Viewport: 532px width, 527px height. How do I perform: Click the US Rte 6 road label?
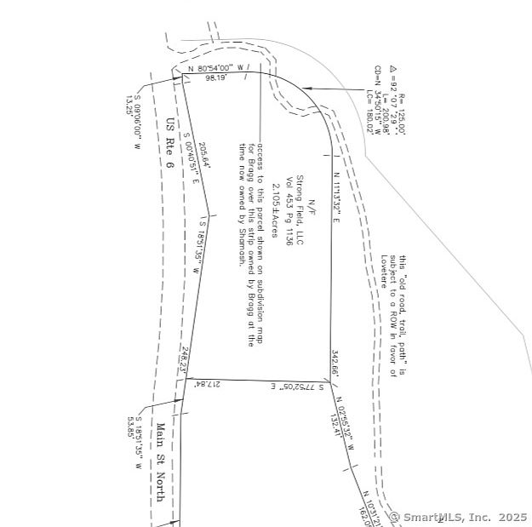[172, 142]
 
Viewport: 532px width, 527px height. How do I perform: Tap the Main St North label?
[159, 462]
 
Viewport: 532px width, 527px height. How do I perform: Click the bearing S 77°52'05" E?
[300, 387]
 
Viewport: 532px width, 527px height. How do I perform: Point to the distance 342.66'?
[335, 363]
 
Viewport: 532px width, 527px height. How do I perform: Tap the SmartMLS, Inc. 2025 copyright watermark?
[459, 517]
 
